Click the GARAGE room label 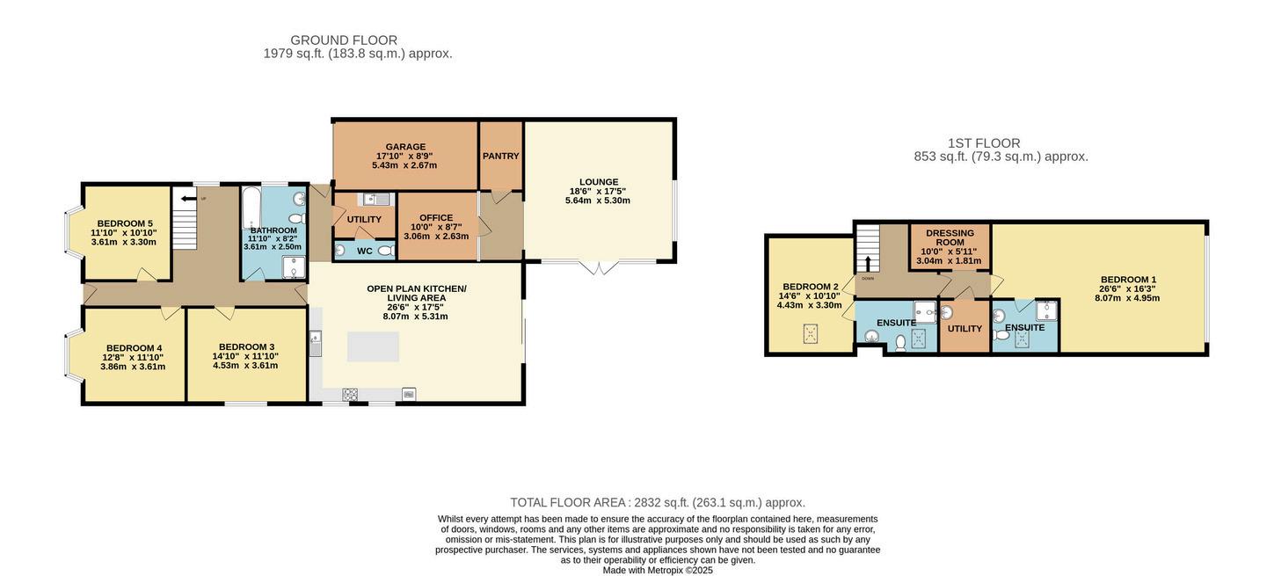point(405,147)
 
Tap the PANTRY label point(500,156)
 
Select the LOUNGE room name point(599,182)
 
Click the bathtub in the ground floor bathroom point(250,208)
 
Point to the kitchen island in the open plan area point(373,346)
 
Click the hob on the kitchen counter point(350,393)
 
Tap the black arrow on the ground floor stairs point(186,199)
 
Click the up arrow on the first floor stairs point(868,264)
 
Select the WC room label point(365,251)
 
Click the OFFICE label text point(436,218)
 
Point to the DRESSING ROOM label point(950,237)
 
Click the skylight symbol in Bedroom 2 point(811,334)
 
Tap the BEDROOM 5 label point(125,223)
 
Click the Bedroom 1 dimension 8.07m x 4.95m point(1127,297)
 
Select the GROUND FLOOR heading point(344,40)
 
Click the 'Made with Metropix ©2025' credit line point(658,571)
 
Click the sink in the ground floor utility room point(374,199)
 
